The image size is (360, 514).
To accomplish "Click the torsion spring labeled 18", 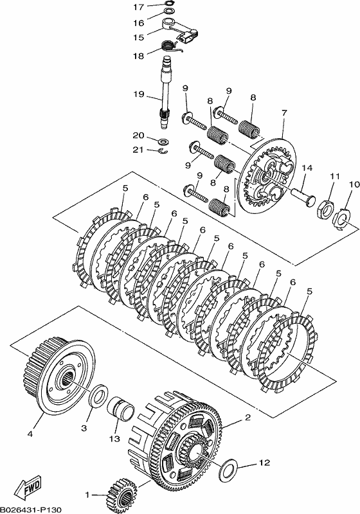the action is click(x=171, y=46).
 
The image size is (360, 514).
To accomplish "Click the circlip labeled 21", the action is click(x=163, y=151).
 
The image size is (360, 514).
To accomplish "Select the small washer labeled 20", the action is click(x=163, y=141).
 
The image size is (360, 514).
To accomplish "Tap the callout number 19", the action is click(x=139, y=94).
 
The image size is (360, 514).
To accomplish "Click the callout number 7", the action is click(x=284, y=113).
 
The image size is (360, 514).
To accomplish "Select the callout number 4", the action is click(x=30, y=434).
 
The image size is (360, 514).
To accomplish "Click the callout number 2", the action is click(x=248, y=417).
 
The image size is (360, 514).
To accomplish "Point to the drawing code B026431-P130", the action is click(x=30, y=510).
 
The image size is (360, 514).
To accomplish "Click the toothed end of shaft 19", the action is click(x=165, y=116).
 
